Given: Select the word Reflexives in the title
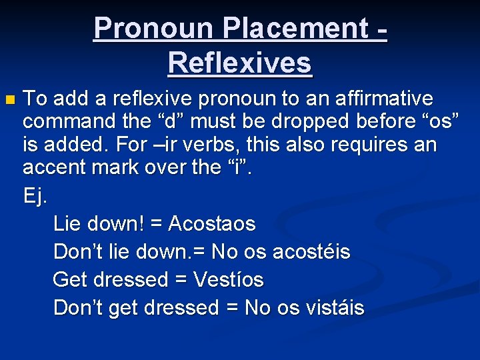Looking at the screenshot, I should (240, 63).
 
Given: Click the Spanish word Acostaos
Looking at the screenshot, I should (212, 223).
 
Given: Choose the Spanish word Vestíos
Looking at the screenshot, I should (228, 280).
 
